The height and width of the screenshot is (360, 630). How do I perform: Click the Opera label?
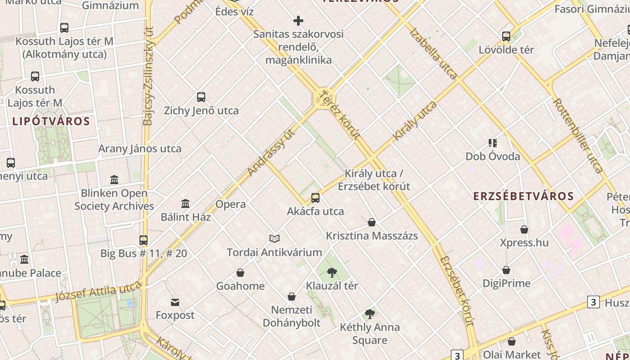pos(230,204)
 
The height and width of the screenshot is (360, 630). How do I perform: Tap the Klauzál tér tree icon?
pos(332,272)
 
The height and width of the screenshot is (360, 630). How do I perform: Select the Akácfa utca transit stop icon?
pos(315,198)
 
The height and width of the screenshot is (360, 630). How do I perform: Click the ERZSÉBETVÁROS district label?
pos(523,196)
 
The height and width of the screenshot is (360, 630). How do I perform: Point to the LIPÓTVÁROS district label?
pos(51,121)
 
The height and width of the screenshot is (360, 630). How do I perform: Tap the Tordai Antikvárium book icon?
pos(274,238)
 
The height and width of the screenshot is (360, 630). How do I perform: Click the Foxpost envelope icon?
pos(175,302)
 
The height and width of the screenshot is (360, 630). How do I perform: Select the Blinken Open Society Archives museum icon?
pos(114,180)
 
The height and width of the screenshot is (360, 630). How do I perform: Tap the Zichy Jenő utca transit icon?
pos(201,97)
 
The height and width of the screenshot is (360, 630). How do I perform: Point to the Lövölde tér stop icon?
pos(506,36)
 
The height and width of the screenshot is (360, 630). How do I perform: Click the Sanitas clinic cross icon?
pos(298,21)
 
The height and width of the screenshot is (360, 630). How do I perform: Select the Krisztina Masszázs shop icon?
pos(372,222)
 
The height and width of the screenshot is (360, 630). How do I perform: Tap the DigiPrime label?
pos(506,283)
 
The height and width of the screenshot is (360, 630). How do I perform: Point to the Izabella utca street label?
pos(433,53)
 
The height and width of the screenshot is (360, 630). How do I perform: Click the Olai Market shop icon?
pos(511,342)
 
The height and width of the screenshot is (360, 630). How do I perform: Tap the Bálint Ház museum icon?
pos(185,204)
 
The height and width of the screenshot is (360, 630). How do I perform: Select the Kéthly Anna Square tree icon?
pos(370,314)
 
